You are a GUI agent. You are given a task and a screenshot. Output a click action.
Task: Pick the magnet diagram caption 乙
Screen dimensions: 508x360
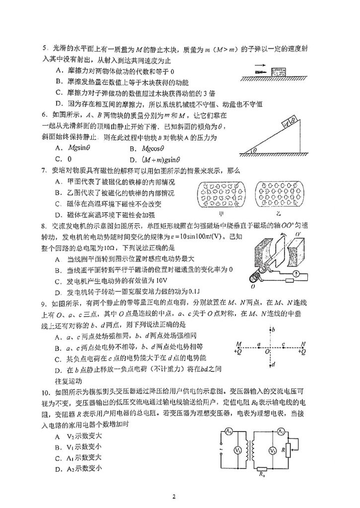point(278,213)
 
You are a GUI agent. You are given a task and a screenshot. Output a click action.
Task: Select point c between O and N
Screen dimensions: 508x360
point(283,343)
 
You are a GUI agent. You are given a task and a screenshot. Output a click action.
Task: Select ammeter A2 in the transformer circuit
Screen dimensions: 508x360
point(281,432)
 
